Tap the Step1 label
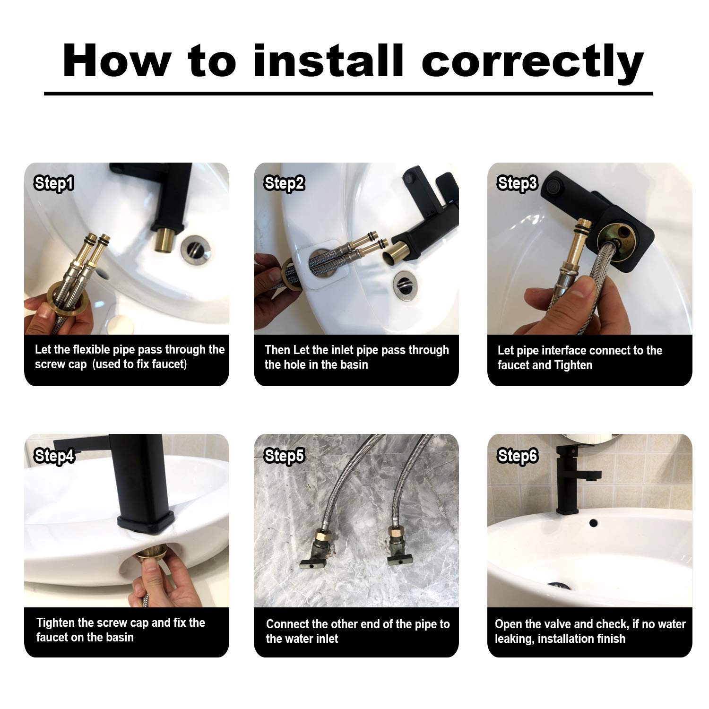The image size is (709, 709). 53,183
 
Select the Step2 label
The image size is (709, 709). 284,183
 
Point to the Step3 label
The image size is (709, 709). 518,183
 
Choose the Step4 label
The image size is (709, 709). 54,456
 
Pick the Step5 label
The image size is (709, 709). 284,456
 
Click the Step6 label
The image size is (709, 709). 518,456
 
